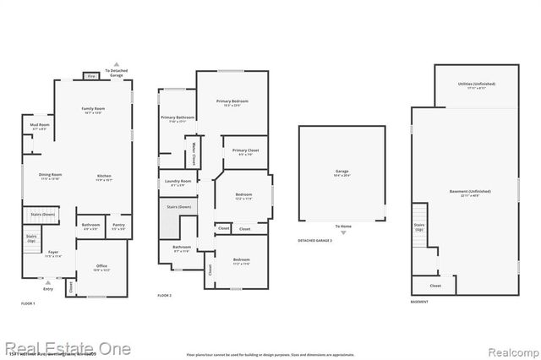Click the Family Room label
(x=93, y=110)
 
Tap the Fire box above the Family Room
(x=92, y=76)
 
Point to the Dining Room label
(x=50, y=176)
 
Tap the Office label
(x=101, y=268)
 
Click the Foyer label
(x=52, y=254)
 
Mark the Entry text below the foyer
(x=48, y=289)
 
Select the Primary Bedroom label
(x=236, y=102)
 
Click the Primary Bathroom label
(x=178, y=118)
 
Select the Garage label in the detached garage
(x=342, y=172)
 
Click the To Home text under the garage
(x=342, y=226)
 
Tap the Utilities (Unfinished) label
(x=476, y=85)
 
